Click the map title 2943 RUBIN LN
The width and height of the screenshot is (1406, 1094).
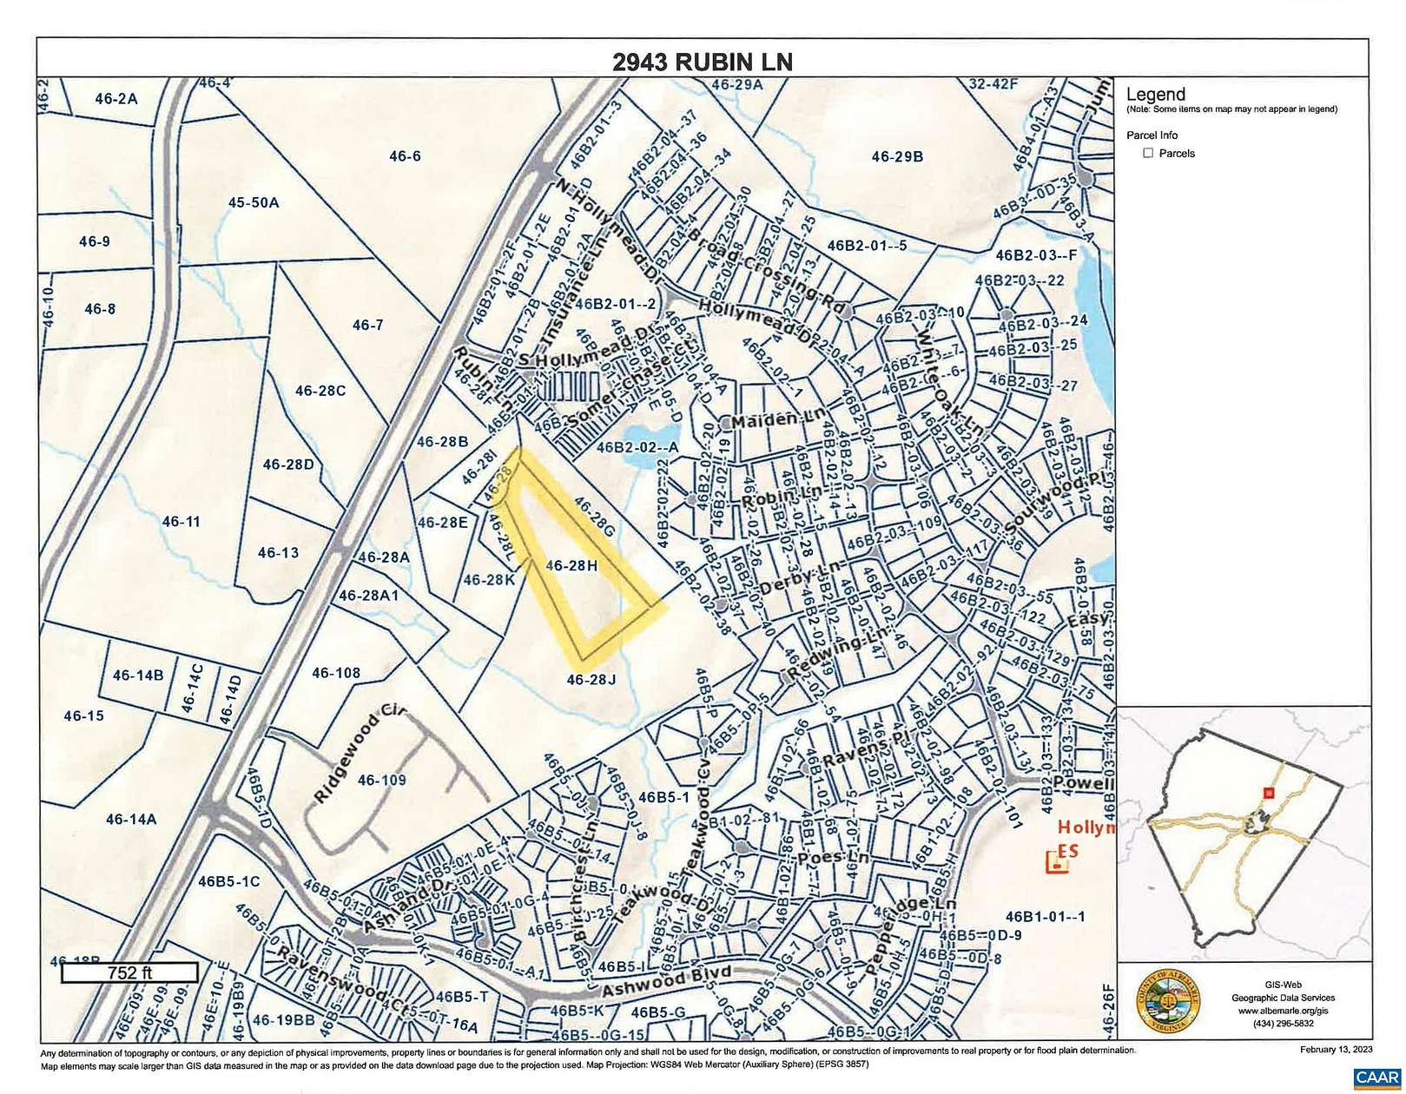702,62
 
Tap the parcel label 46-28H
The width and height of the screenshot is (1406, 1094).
571,565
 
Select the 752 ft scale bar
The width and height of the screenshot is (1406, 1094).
129,972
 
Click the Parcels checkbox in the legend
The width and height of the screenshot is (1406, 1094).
1148,153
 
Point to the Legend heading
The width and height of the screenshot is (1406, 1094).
1155,95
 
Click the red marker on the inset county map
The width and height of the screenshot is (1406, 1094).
1268,793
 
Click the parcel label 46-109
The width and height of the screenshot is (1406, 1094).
381,780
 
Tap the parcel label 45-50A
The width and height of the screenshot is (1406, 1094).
254,202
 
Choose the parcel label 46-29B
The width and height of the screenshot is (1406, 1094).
897,156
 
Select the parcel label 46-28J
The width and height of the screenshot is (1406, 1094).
591,679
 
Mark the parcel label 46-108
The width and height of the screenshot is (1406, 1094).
335,672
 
